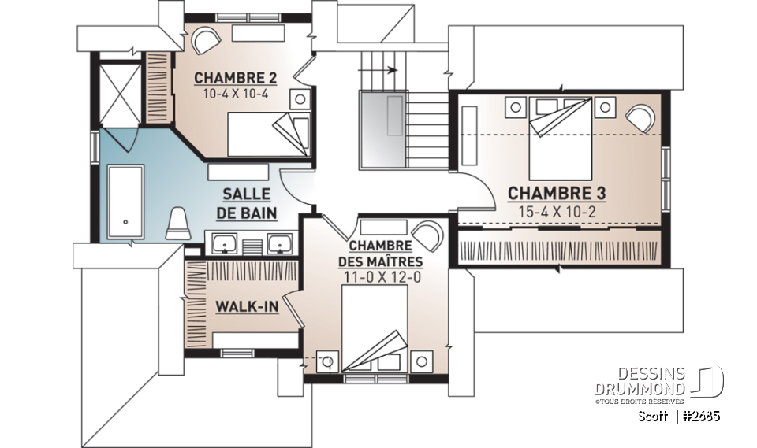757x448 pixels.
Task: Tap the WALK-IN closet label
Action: click(246, 305)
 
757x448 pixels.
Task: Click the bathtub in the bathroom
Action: click(125, 201)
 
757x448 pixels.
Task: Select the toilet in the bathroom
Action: click(179, 222)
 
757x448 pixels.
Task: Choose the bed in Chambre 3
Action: click(560, 138)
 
